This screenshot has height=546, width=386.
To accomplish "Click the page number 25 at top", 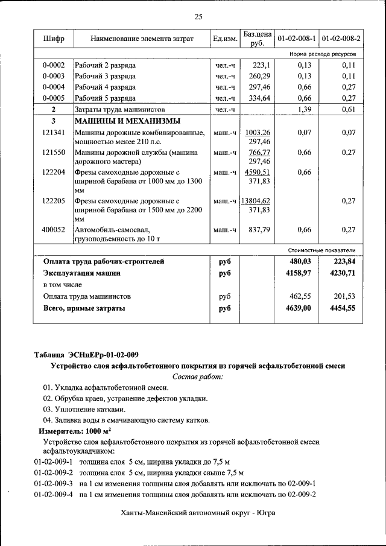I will click(198, 16).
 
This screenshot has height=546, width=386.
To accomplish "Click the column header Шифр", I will click(54, 39).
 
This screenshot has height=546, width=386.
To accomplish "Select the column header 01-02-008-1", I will click(297, 39).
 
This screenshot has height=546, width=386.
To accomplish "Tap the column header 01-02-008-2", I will click(341, 39).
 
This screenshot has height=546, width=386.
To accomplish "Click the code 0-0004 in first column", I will click(54, 87).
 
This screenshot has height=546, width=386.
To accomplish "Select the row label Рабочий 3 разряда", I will click(105, 77).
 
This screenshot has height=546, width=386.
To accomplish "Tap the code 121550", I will click(54, 153).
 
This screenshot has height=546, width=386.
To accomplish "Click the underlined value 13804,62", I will click(256, 200).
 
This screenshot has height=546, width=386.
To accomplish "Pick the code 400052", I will click(54, 230).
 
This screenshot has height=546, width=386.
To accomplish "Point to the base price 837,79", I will click(259, 230).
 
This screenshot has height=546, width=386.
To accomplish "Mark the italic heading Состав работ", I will click(198, 376).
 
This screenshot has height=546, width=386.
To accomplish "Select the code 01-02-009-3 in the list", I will click(54, 483).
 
